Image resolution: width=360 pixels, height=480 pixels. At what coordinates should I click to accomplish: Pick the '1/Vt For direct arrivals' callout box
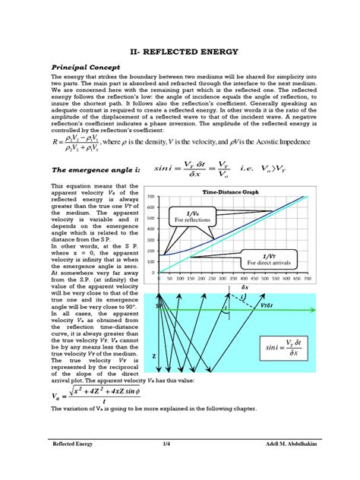(270, 258)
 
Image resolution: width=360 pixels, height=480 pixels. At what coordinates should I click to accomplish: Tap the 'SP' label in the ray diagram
(160, 306)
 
